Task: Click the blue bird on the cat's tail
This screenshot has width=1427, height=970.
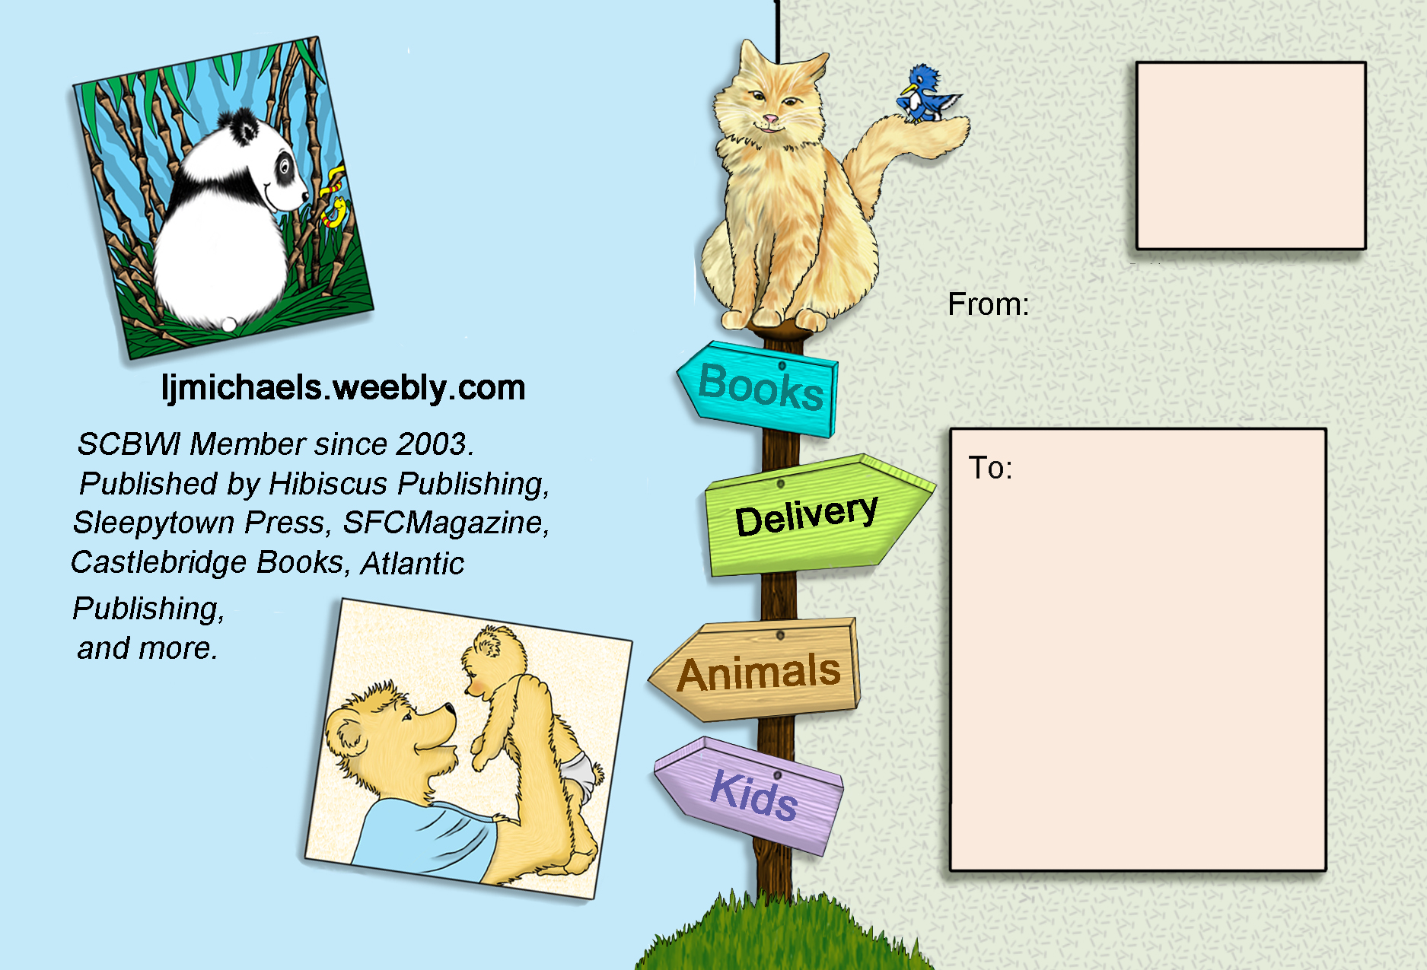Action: click(x=927, y=94)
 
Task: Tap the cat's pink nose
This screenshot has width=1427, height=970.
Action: click(x=771, y=119)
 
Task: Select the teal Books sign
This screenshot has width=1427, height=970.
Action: click(x=758, y=389)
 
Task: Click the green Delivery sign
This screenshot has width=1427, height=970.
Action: click(x=818, y=515)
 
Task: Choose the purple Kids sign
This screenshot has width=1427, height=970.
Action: click(x=750, y=795)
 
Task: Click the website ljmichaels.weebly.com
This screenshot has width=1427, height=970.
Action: click(x=343, y=388)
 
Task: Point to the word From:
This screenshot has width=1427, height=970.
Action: click(x=988, y=304)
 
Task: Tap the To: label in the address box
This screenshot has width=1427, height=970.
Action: click(x=990, y=468)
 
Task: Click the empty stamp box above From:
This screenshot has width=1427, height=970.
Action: click(x=1250, y=156)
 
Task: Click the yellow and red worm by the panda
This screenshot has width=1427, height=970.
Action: click(x=333, y=200)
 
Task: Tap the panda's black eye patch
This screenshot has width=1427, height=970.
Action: click(x=285, y=167)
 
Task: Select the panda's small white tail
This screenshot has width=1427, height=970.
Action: click(x=229, y=324)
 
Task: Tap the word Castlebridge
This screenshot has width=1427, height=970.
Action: click(x=159, y=563)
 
